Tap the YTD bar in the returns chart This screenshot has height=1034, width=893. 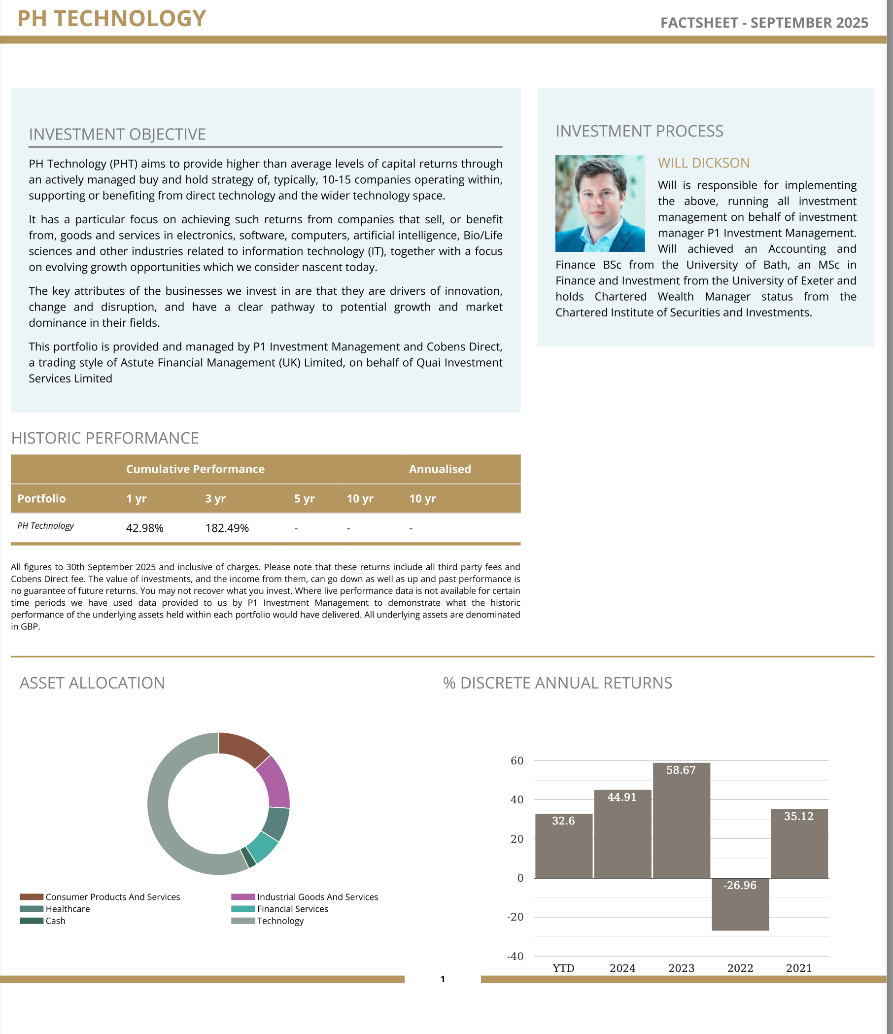coord(564,848)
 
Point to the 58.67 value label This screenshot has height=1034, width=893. coord(681,770)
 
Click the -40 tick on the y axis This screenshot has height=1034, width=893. coord(515,956)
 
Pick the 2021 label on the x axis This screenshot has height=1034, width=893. coord(799,968)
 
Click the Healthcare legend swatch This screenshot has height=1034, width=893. coord(32,909)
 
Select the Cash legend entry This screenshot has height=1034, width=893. coord(55,921)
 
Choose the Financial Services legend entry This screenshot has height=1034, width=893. coord(292,909)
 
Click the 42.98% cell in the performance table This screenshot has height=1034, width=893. coord(145,528)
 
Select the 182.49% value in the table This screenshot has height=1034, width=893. coord(227,528)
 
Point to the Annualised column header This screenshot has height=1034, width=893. coord(440,469)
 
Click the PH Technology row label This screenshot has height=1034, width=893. coord(45,526)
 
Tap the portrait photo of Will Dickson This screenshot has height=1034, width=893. coord(600,203)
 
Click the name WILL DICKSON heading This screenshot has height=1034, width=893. coord(703,163)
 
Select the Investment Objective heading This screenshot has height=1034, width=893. coord(117,134)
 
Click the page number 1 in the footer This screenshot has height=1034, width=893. coord(443,979)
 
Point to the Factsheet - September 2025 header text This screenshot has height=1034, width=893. coord(764,23)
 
